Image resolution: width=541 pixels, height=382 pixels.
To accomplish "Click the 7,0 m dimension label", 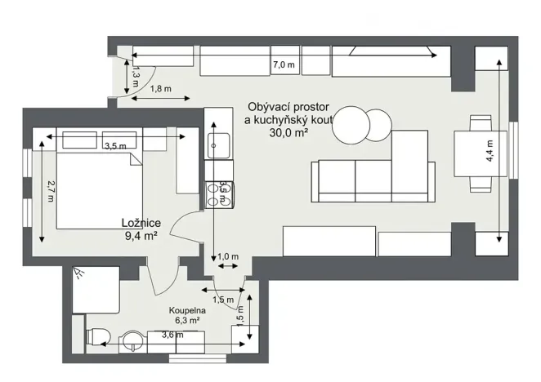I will coord(284,64).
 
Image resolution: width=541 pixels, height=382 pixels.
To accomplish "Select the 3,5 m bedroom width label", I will coord(116,146).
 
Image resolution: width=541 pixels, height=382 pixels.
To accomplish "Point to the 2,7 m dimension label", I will coord(50,190).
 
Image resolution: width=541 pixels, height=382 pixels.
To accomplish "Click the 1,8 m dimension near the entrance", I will coord(160,89).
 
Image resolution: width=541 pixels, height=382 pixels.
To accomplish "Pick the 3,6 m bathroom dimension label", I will coord(172,335).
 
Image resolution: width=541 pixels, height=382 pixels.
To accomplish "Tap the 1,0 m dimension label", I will coord(228,257).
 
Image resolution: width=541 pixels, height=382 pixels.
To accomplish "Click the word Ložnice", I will coord(140,222).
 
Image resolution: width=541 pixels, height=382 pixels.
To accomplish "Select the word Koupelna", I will coord(186,311).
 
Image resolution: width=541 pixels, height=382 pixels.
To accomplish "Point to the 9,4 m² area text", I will coord(140,237).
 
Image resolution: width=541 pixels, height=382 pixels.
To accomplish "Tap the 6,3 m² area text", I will coord(186,322).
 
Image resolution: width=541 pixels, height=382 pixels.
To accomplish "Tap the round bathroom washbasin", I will coord(133,338).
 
